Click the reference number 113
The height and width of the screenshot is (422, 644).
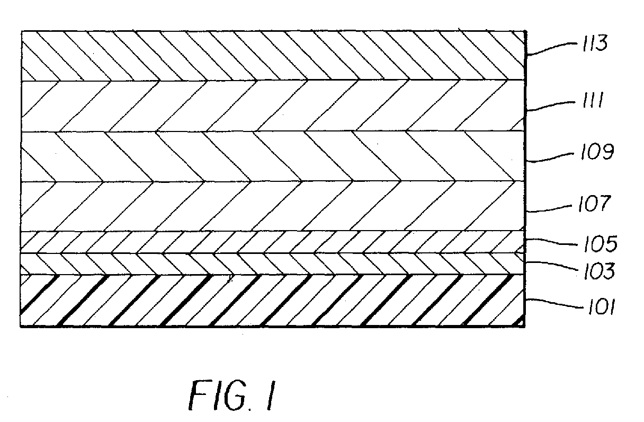tap(595, 43)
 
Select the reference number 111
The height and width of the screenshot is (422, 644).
tap(592, 100)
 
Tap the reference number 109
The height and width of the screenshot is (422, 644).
tap(597, 151)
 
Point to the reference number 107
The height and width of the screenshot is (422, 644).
tap(594, 204)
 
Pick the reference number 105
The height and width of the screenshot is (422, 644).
tap(600, 244)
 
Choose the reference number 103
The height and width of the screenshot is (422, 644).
tap(599, 271)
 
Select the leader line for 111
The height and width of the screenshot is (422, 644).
tap(551, 105)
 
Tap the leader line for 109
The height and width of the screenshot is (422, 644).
tap(550, 157)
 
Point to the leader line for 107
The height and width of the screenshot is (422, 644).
tap(549, 209)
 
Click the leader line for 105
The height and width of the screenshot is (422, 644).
tap(551, 242)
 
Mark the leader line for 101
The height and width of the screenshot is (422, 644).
tap(555, 304)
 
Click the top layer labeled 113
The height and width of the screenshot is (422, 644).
tap(273, 56)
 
